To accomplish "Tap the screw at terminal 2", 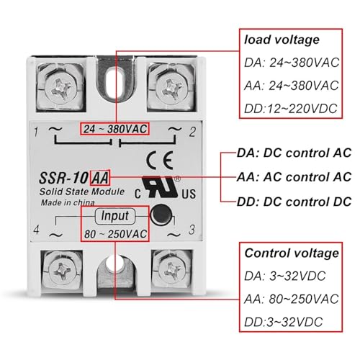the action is pos(171,88).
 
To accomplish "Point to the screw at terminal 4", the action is pos(62,271).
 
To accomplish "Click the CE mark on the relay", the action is pos(160,160).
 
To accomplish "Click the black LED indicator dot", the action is pos(161,215).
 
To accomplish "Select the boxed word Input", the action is pos(114,215).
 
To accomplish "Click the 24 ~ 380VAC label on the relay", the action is pos(115,129).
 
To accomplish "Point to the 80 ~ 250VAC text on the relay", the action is pos(115,234).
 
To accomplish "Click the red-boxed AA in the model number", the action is pos(100,178).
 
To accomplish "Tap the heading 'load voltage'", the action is pos(282,40).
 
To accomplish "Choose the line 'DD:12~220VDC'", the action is pos(291,109).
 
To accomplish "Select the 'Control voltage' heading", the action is pos(292,253).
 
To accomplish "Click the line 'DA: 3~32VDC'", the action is pos(285,276).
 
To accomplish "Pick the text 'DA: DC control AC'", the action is pos(294,153).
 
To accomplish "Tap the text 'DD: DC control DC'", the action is pos(294,202).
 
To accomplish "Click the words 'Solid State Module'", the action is pos(82,192).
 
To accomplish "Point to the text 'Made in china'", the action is pos(68,203).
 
